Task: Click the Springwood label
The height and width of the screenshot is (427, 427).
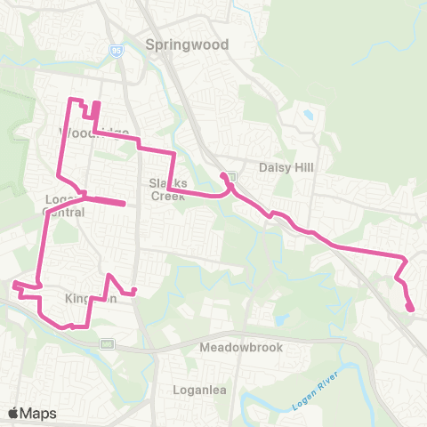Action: pos(188,44)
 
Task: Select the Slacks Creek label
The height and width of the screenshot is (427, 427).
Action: pos(165,189)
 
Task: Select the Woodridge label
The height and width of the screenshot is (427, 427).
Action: pos(93,133)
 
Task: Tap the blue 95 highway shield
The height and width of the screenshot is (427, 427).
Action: pos(117,51)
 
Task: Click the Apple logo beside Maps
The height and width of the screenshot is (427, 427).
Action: pos(13,413)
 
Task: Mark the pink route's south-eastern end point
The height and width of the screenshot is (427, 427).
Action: pos(412,310)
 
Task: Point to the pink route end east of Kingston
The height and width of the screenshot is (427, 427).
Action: pos(135,291)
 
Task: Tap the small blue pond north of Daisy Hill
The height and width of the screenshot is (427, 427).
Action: pos(308,115)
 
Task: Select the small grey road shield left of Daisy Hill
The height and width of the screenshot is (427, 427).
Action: pos(230,175)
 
